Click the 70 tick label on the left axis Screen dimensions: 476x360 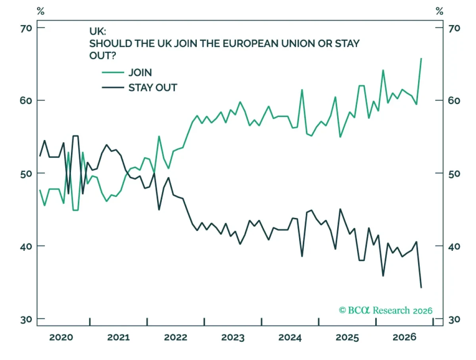coord(26,29)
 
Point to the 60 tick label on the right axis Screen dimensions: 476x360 coord(454,101)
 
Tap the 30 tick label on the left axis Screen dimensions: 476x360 coord(26,320)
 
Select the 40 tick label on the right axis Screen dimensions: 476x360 coord(454,247)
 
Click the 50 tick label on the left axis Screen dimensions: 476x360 coord(26,174)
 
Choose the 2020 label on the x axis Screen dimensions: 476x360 coord(61,337)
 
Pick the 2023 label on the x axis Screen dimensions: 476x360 coord(233,337)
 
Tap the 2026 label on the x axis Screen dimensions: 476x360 coord(405,337)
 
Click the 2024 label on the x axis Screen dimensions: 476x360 coord(290,337)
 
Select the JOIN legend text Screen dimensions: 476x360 coord(140,73)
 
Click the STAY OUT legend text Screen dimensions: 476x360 coord(153,88)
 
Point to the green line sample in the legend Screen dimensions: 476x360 coord(113,73)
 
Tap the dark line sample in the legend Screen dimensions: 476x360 coord(113,88)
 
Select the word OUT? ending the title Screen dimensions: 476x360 coord(103,56)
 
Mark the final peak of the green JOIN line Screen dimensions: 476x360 coord(421,58)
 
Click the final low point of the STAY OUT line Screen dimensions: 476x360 coord(421,288)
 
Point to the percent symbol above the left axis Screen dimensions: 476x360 coord(40,11)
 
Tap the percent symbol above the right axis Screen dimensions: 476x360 coord(440,11)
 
